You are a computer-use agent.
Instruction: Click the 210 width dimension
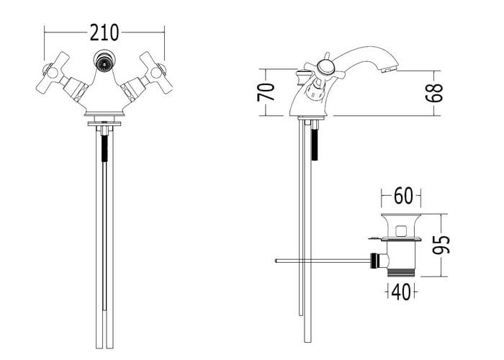pyautogui.click(x=104, y=32)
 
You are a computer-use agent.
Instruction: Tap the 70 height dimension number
pyautogui.click(x=266, y=92)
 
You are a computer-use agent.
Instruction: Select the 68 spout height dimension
pyautogui.click(x=434, y=93)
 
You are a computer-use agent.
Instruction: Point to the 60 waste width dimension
pyautogui.click(x=403, y=195)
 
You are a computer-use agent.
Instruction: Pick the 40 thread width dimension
pyautogui.click(x=401, y=292)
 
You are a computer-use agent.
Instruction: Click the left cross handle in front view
pyautogui.click(x=53, y=72)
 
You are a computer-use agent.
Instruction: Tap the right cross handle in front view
pyautogui.click(x=156, y=72)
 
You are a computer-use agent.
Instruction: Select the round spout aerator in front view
pyautogui.click(x=104, y=60)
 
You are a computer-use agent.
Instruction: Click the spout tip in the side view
pyautogui.click(x=390, y=68)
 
